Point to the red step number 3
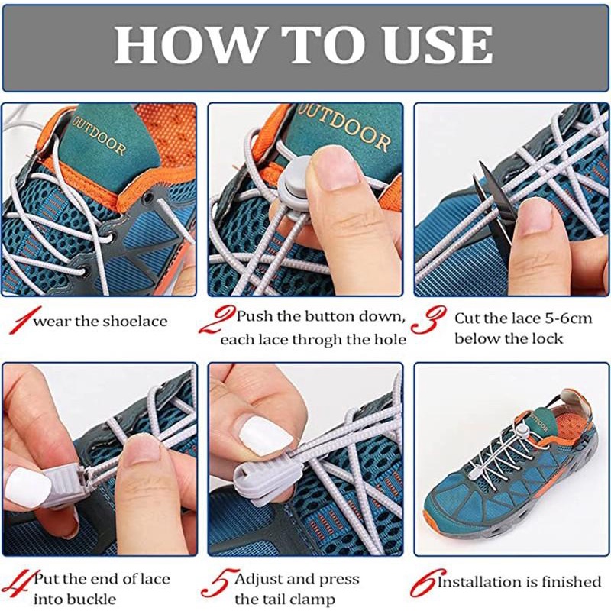point(428,319)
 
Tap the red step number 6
point(427,582)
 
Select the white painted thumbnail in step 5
point(265,435)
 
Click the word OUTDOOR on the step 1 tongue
point(99,136)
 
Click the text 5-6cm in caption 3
point(568,318)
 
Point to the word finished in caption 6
point(571,582)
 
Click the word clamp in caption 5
point(312,599)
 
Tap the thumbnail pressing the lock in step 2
point(335,169)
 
